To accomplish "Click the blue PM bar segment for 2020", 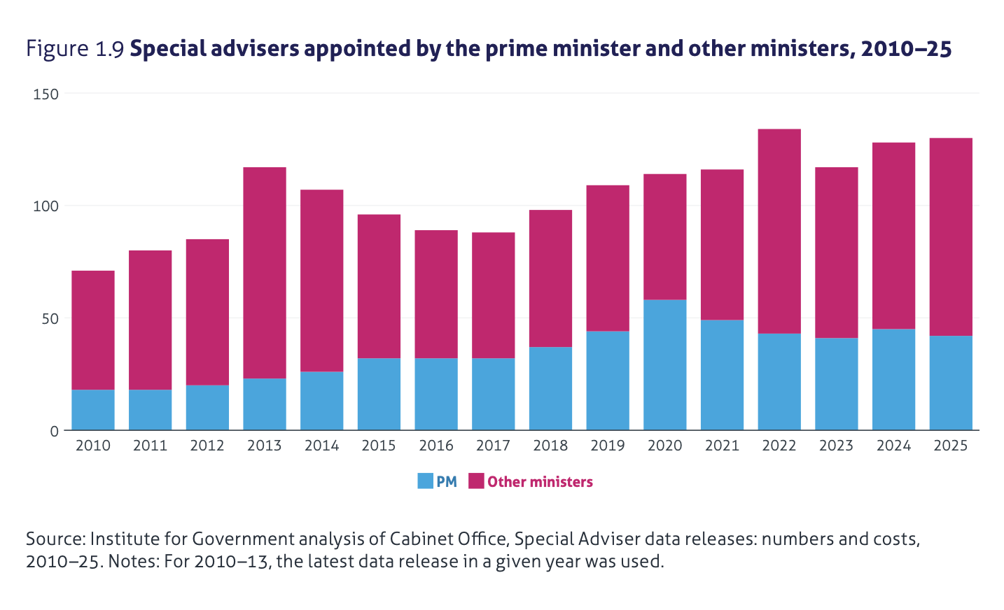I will click(664, 364).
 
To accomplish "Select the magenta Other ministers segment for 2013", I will click(265, 273).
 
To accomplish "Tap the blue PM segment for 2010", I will click(93, 410).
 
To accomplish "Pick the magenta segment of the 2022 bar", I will click(779, 231).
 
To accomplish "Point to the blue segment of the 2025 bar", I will click(951, 383).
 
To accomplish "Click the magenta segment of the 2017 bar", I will click(493, 295).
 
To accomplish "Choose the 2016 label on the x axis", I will click(436, 446).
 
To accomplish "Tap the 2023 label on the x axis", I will click(836, 446).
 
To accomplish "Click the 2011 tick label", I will click(150, 446).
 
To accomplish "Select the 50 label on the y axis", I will click(50, 318).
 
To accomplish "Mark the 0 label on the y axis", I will click(55, 431).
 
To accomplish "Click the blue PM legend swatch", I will click(425, 481).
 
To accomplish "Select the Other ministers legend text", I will click(540, 482).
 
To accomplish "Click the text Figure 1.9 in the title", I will click(75, 50).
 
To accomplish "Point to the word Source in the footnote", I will click(55, 539).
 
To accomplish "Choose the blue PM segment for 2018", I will click(550, 388).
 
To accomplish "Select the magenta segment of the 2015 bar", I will click(379, 286).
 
